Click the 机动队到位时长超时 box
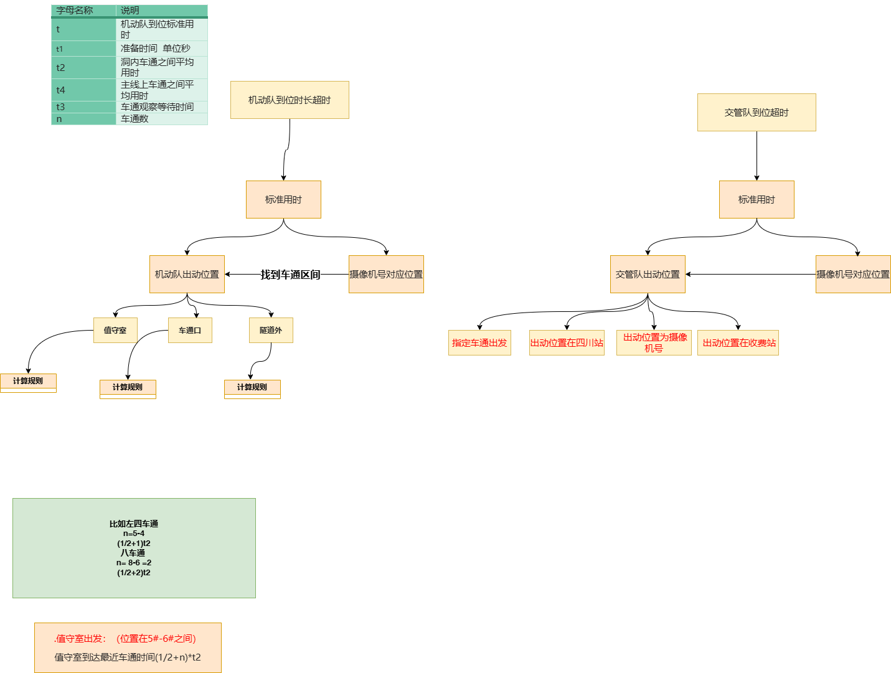pos(290,100)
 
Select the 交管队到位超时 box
pos(757,112)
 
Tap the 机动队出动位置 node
pos(187,274)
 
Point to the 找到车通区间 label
pos(290,275)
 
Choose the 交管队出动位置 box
pos(648,274)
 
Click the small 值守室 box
pos(115,330)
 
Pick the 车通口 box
pos(190,330)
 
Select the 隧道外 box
pos(271,330)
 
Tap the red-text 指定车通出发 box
pos(479,342)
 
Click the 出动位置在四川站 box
pos(567,342)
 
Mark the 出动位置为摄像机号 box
pos(654,342)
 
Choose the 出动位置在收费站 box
pos(738,342)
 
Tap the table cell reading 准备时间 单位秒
pos(156,49)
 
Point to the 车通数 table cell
pos(135,119)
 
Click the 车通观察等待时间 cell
pos(157,107)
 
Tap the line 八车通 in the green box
pos(133,553)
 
